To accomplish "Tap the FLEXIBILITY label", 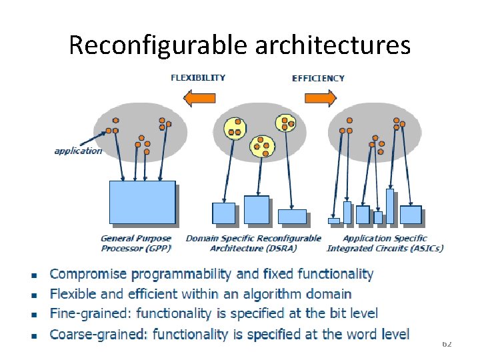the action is [198, 78].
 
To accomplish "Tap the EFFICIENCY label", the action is [318, 78].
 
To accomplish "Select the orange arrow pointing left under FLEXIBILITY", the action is [198, 99].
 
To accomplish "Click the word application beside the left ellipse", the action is [78, 151].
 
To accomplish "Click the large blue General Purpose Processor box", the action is [142, 202].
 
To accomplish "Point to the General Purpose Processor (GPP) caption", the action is [136, 243].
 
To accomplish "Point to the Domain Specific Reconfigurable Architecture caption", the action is [253, 243].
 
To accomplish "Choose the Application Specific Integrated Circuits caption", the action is [385, 243].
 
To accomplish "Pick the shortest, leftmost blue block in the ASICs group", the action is [334, 221].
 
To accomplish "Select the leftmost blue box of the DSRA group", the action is [224, 213].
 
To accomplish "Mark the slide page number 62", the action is [447, 343].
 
